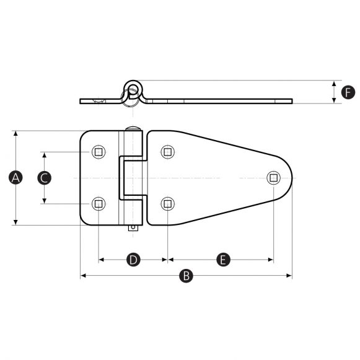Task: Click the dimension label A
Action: [16, 178]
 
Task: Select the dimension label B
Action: [185, 276]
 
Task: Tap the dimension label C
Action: [45, 178]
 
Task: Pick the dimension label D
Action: [133, 260]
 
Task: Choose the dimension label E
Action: [223, 260]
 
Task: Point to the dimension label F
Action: [348, 92]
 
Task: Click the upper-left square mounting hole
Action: [99, 152]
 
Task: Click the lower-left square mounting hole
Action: [99, 203]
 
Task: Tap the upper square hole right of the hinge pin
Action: [167, 152]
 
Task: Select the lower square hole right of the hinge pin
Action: [167, 203]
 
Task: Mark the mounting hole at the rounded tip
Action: [273, 178]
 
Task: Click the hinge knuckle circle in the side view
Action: [133, 88]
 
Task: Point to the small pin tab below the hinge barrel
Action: [132, 228]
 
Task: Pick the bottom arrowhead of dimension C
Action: [45, 200]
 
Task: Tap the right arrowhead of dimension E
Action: [270, 260]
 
